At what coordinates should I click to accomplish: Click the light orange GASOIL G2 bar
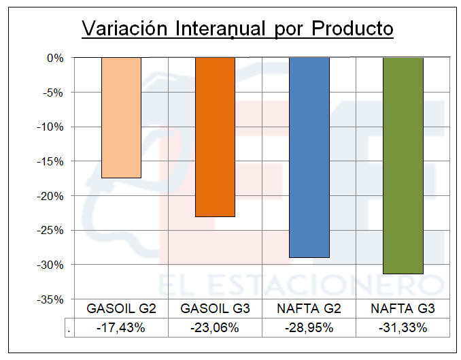pos(121,117)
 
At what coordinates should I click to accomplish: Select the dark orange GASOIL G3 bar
pos(215,136)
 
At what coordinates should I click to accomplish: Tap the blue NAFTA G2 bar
pos(309,157)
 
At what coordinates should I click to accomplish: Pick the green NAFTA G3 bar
pos(403,165)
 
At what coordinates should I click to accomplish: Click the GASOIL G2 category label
pos(121,309)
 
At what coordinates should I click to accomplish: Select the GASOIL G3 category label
pos(215,309)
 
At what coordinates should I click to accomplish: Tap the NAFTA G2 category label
pos(309,309)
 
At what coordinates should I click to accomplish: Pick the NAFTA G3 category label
pos(403,309)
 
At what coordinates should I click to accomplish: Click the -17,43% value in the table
pos(121,327)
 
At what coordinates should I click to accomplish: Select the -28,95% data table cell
pos(309,327)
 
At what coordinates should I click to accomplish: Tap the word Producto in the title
pos(353,29)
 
